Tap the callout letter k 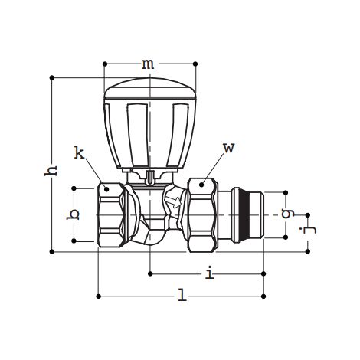coord(79,153)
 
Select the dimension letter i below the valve coord(208,271)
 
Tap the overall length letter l coord(182,295)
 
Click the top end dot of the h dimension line coord(51,77)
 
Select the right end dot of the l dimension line coord(264,294)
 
